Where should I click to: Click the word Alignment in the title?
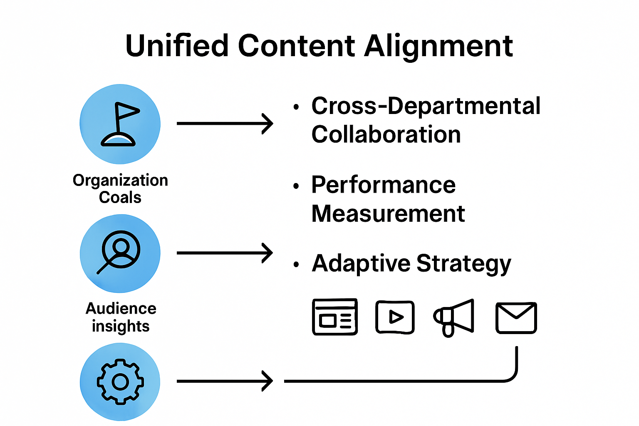click(438, 45)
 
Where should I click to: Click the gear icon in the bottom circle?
click(120, 381)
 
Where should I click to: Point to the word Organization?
click(120, 180)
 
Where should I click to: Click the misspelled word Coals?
click(120, 197)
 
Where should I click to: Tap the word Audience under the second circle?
click(121, 308)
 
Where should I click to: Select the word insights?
click(121, 326)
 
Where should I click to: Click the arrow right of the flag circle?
click(225, 124)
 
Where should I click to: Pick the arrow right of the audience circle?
click(225, 253)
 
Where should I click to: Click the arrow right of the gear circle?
click(225, 381)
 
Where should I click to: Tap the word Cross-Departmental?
click(426, 106)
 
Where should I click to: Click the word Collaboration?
click(386, 134)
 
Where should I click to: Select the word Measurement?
click(388, 213)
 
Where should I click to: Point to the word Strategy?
click(463, 263)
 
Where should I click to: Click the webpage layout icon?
click(335, 317)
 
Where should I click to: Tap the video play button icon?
click(395, 317)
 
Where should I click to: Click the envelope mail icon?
click(516, 318)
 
